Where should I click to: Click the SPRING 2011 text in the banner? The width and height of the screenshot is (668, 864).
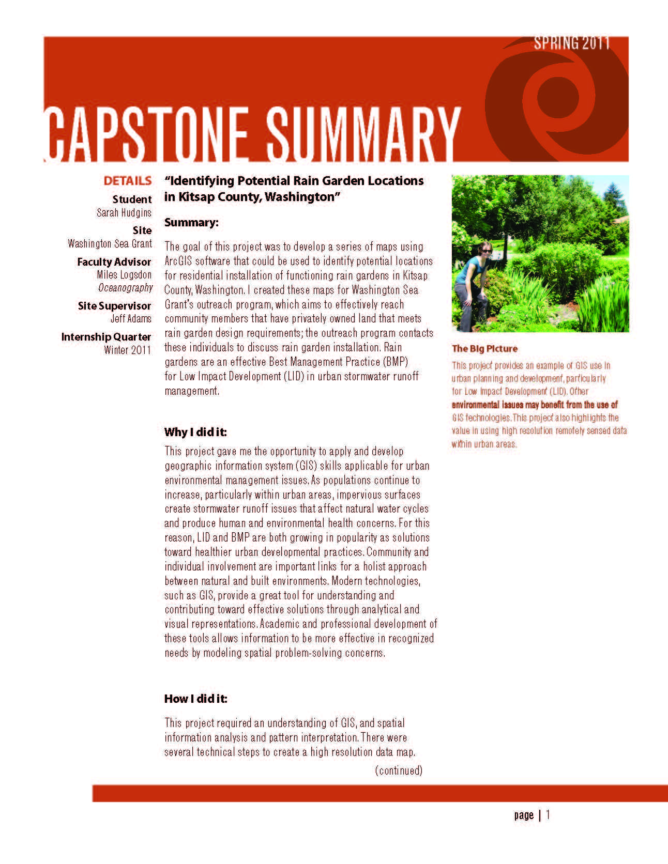[572, 43]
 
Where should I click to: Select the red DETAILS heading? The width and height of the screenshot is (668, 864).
[127, 181]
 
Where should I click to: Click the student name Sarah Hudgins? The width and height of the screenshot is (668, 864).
[124, 212]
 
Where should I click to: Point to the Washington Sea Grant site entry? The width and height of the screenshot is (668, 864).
[110, 243]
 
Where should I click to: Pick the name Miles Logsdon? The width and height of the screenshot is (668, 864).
[124, 275]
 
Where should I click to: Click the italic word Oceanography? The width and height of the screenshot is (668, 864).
[126, 287]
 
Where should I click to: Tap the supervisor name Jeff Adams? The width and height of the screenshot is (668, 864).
[131, 319]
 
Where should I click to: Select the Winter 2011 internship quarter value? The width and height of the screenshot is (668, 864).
[127, 350]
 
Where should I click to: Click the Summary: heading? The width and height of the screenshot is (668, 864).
[191, 222]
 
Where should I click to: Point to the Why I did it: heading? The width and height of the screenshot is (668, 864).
[195, 432]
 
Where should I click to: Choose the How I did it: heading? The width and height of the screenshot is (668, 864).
[195, 699]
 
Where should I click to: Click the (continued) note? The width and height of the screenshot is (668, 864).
[399, 770]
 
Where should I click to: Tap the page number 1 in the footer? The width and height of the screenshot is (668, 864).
[548, 815]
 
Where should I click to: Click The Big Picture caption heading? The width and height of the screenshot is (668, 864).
[484, 349]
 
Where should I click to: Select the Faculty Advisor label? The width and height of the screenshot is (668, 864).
[114, 262]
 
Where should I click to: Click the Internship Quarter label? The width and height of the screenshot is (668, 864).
[106, 337]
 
